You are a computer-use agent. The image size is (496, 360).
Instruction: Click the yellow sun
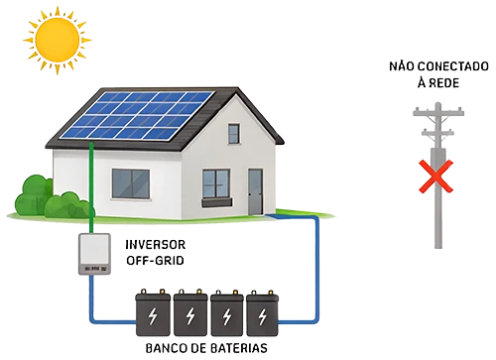click(58, 40)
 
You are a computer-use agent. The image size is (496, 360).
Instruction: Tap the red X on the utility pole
click(435, 177)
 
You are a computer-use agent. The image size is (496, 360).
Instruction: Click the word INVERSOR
click(156, 245)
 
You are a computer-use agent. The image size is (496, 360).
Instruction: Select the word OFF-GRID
click(155, 261)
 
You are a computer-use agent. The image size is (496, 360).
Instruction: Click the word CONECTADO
click(457, 66)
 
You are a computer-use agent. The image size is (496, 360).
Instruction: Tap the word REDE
click(443, 83)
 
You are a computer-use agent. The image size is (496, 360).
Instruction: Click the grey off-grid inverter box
click(94, 254)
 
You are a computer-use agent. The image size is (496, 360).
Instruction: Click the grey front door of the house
click(255, 191)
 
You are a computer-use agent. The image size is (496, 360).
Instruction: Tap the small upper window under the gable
click(234, 134)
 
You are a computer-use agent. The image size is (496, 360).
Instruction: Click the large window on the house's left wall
click(131, 183)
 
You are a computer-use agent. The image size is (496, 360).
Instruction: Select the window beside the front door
click(216, 184)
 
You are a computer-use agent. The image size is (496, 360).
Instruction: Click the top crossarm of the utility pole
click(438, 112)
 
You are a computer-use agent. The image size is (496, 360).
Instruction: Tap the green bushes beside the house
click(51, 197)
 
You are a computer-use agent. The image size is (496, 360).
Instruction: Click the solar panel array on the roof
click(137, 115)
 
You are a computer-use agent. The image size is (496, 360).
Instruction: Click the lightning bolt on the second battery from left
click(190, 316)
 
